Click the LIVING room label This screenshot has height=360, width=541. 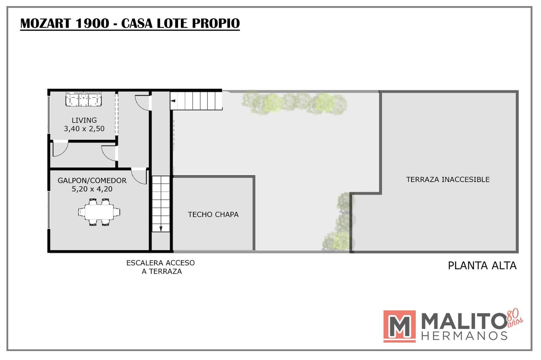(84, 120)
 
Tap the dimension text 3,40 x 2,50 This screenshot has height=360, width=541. (84, 129)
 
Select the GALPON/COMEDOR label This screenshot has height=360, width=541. (92, 181)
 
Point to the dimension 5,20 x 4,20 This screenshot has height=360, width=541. (92, 189)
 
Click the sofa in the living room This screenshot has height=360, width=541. (84, 99)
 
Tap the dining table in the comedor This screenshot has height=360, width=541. (99, 212)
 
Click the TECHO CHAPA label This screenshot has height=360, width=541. (213, 214)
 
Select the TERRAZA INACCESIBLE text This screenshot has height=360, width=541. (448, 179)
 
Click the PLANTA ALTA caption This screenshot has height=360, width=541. (482, 266)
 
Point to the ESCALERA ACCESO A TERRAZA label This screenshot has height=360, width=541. (161, 267)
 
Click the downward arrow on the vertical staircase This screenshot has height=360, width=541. (161, 229)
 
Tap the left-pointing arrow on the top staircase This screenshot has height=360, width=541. (173, 100)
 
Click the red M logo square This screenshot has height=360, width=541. (399, 326)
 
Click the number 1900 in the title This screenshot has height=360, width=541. (92, 23)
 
